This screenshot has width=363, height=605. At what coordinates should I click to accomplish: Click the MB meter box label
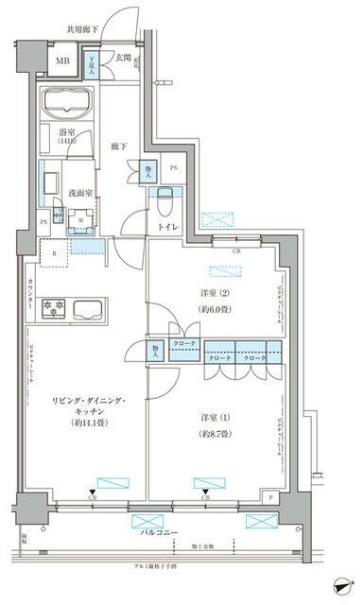click(62, 63)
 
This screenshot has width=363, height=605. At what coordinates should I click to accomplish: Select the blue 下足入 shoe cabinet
click(93, 64)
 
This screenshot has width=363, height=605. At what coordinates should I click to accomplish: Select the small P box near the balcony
click(271, 496)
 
